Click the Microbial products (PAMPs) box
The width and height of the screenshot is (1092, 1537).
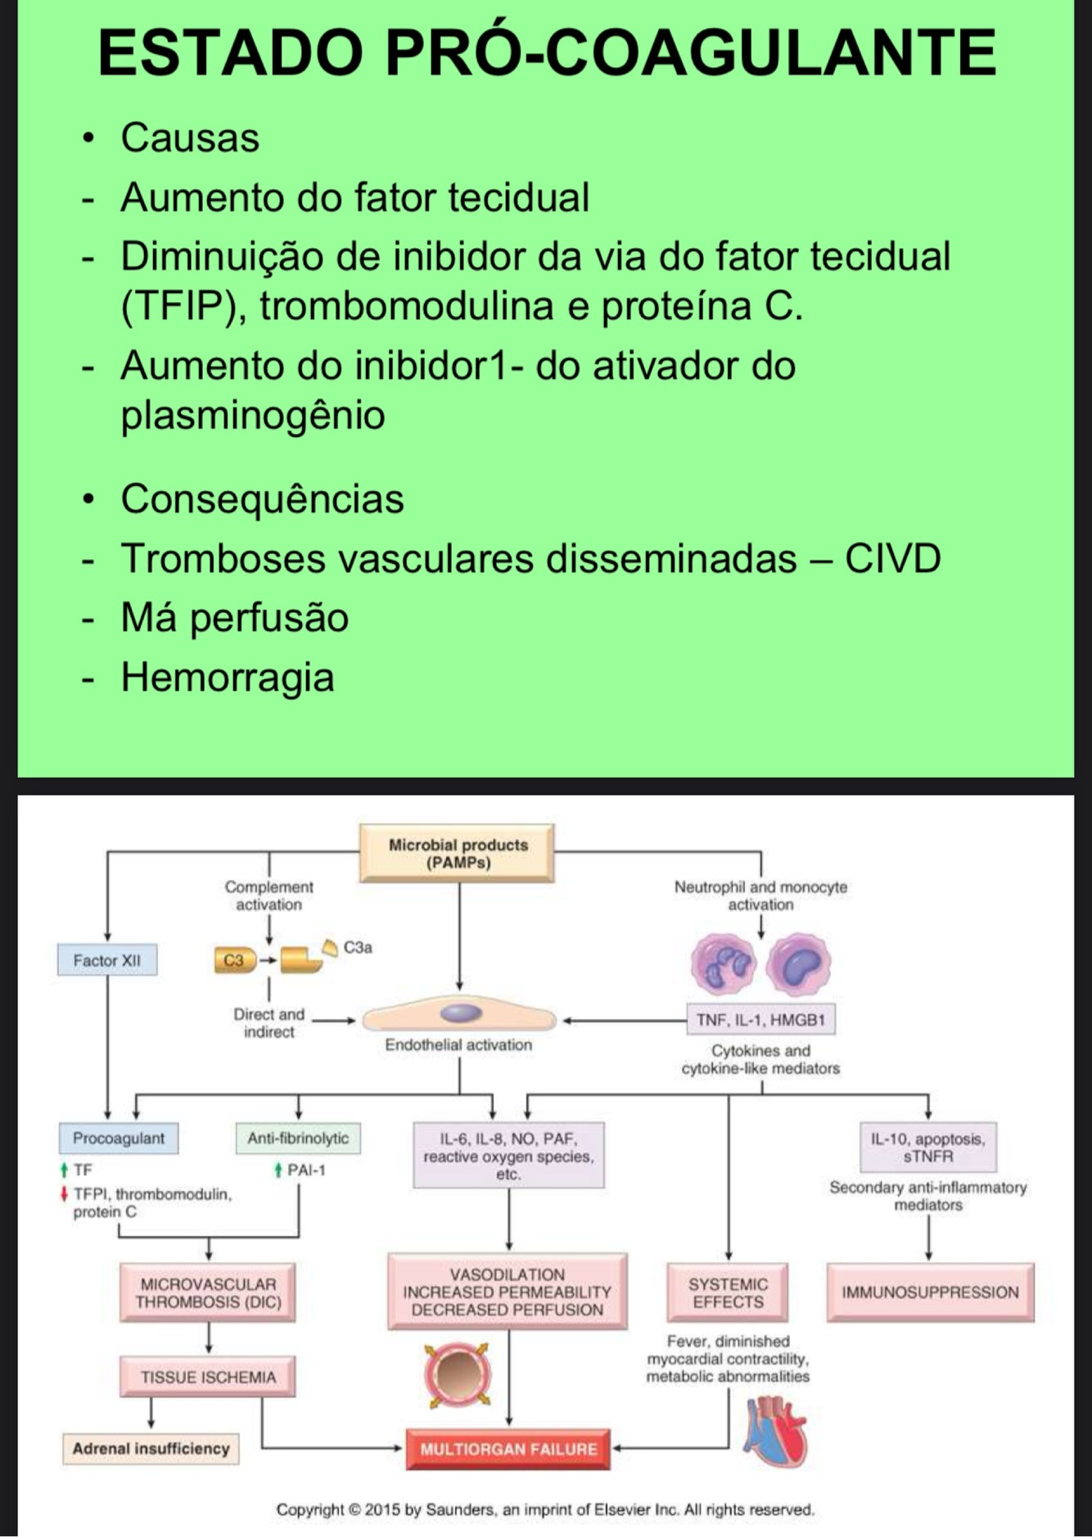point(457,853)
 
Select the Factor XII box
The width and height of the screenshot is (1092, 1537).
point(107,960)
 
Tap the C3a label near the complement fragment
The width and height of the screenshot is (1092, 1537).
point(358,947)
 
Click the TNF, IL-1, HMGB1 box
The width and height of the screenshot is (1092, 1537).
point(760,1020)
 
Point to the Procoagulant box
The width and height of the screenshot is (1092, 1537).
point(119,1138)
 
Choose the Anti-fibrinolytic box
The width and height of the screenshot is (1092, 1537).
point(298,1138)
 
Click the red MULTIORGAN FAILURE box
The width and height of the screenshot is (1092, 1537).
point(508,1449)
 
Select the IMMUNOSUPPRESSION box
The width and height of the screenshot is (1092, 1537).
point(930,1292)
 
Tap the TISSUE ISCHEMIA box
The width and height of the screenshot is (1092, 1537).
point(208,1377)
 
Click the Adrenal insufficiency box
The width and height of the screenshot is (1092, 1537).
point(151,1449)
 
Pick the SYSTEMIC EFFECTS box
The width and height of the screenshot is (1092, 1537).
point(728,1292)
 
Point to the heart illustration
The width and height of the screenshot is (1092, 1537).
point(774,1432)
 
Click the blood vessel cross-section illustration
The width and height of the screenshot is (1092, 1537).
point(458,1376)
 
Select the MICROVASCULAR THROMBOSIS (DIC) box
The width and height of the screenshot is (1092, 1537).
point(208,1293)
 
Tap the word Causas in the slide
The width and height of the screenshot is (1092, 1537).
point(190,137)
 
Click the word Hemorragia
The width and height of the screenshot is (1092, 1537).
point(228,678)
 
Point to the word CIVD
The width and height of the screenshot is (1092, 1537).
point(892,559)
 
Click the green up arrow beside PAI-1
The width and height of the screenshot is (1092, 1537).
point(279,1170)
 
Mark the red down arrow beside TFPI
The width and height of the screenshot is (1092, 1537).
point(64,1194)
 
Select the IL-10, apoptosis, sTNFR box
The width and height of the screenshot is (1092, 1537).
point(928,1147)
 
